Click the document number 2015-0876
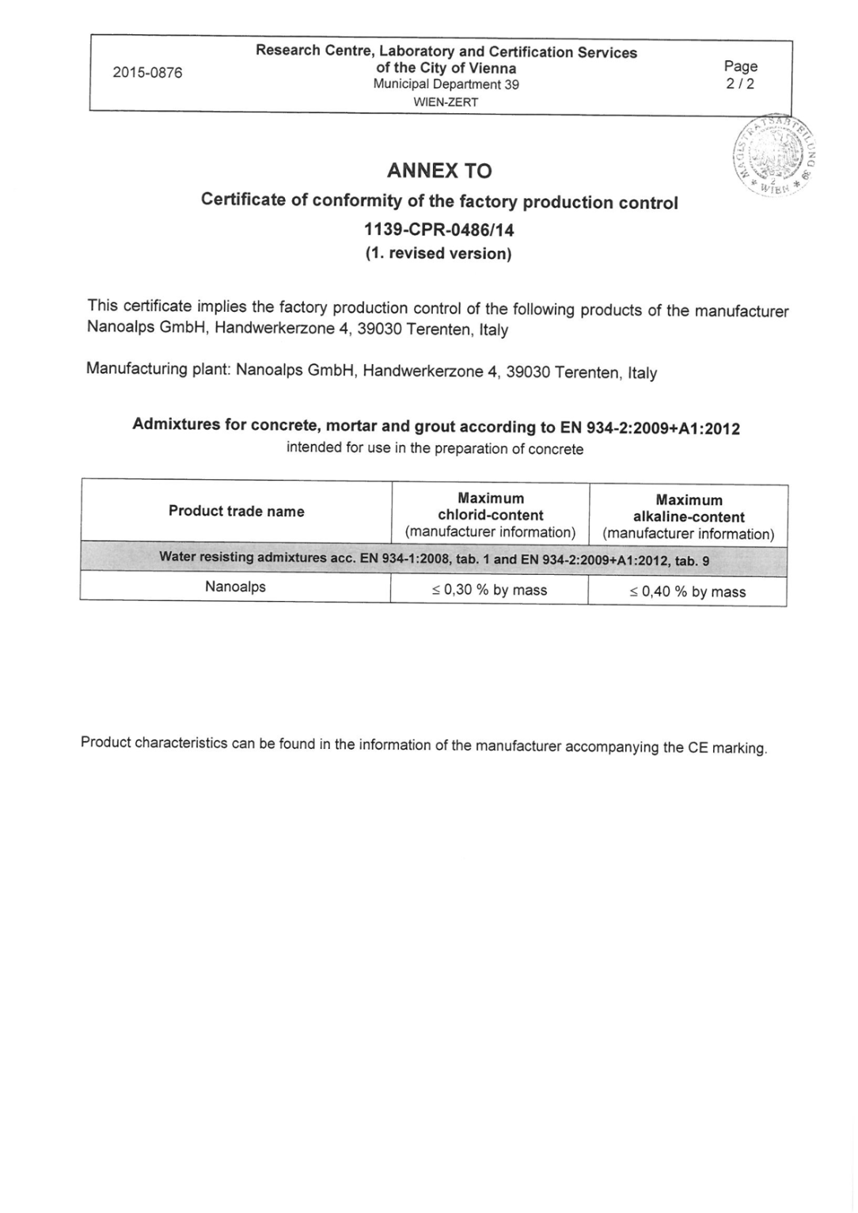[147, 73]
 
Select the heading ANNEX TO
[439, 170]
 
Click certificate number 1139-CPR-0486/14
[438, 230]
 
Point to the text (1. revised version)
[438, 253]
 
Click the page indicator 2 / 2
[740, 84]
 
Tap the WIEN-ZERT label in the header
[446, 102]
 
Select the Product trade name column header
[236, 511]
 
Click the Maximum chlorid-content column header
[491, 515]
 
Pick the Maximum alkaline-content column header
[689, 516]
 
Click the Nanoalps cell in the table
[235, 587]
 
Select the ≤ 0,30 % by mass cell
[489, 590]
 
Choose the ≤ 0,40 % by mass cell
[687, 591]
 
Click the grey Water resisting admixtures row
[434, 558]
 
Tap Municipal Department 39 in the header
[446, 85]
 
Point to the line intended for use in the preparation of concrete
[435, 448]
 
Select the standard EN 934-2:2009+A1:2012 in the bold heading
[650, 428]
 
